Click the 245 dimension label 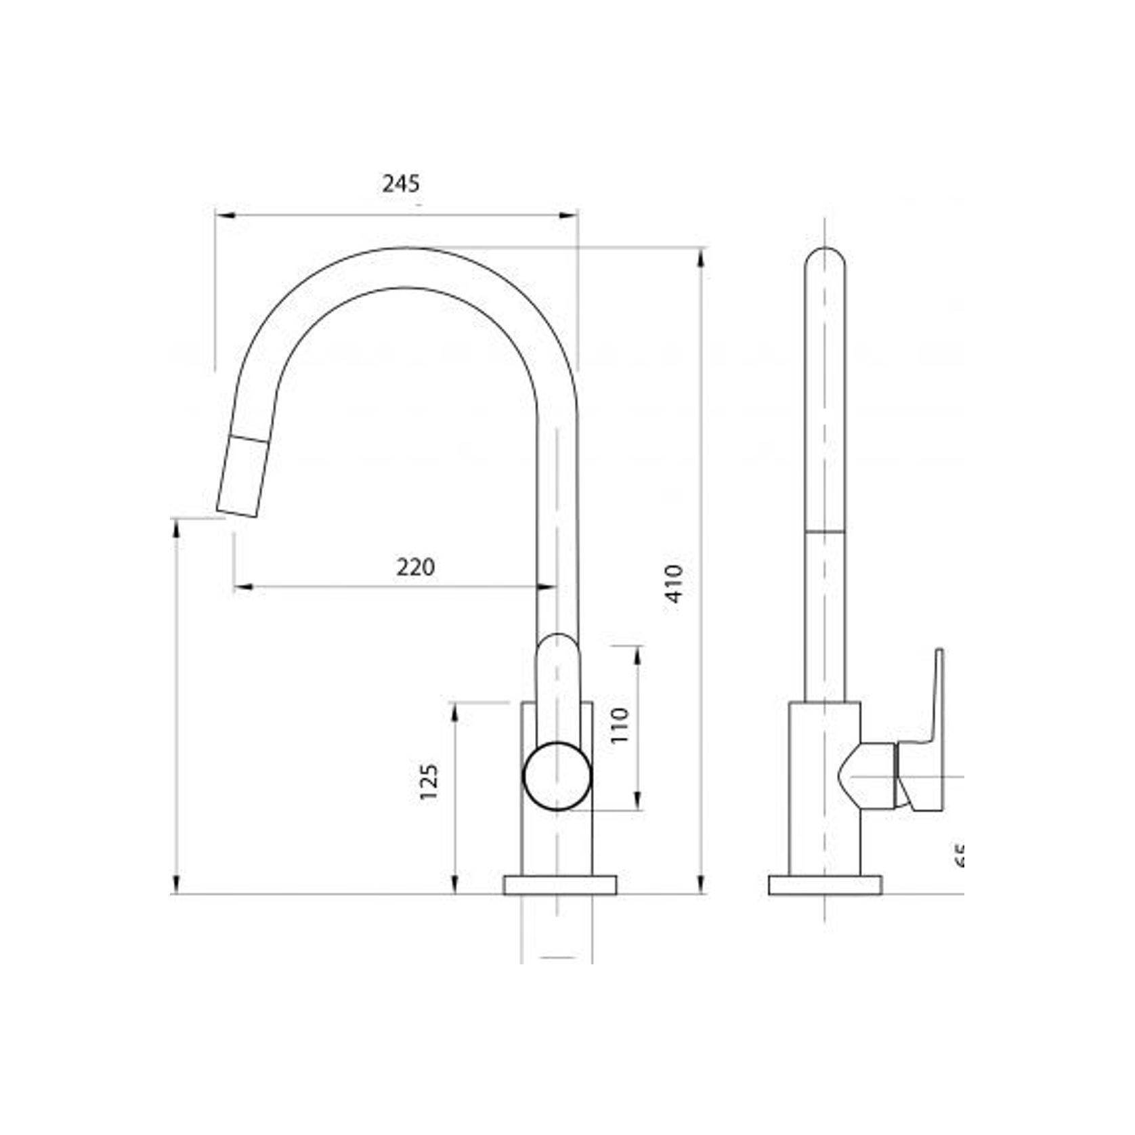click(401, 184)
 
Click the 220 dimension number click(415, 567)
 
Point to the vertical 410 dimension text click(675, 583)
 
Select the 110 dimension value click(620, 725)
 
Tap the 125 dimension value click(429, 782)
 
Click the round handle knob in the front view click(557, 776)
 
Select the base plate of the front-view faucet click(559, 884)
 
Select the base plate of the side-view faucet click(825, 884)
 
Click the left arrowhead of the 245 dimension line click(223, 215)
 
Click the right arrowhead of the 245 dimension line click(570, 215)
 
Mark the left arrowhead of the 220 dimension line click(242, 586)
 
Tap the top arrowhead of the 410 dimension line click(702, 256)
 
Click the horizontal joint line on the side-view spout click(825, 533)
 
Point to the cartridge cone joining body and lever click(870, 775)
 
